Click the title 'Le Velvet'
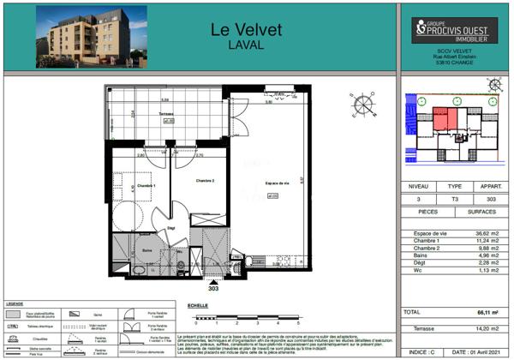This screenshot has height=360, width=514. [x=246, y=29]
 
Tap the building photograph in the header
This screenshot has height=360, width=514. [x=91, y=37]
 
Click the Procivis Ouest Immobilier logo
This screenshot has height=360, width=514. [x=455, y=30]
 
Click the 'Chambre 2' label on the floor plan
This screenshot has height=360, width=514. [x=204, y=181]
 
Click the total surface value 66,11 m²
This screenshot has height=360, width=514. [x=487, y=314]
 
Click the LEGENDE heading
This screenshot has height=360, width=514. [x=15, y=304]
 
